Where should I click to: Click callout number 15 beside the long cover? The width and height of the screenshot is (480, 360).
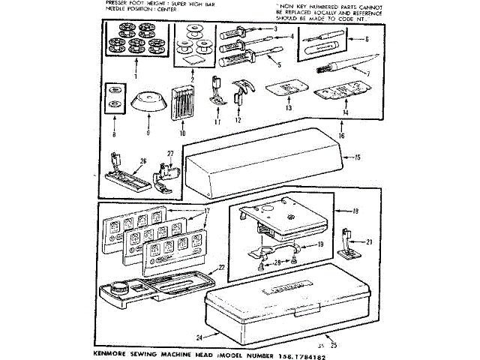(358, 157)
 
